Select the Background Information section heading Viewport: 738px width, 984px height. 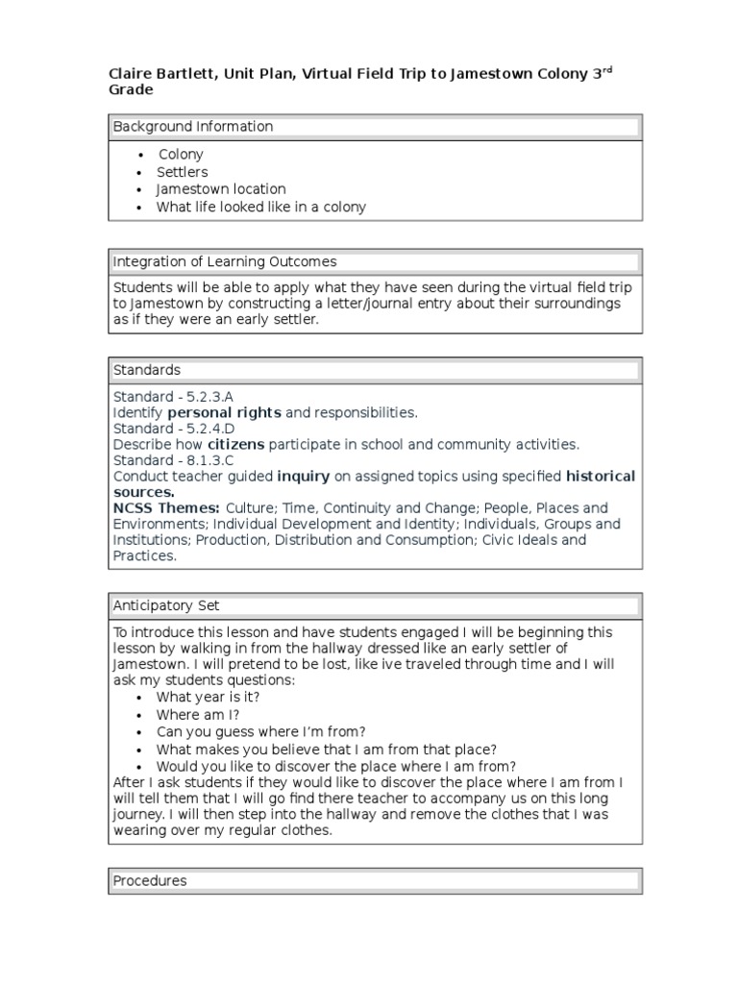click(x=193, y=127)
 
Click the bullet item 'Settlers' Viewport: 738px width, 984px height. click(x=183, y=172)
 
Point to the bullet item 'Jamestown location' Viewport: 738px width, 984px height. click(x=221, y=189)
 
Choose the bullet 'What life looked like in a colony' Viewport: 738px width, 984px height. click(x=261, y=207)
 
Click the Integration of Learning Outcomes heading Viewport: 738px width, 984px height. click(x=225, y=261)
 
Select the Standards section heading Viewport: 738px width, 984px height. click(x=147, y=370)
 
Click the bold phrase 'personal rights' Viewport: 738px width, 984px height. click(x=224, y=412)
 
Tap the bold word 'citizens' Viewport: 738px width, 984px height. click(x=235, y=444)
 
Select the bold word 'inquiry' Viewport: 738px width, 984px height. click(x=303, y=476)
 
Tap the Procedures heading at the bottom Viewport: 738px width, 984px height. click(x=150, y=880)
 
